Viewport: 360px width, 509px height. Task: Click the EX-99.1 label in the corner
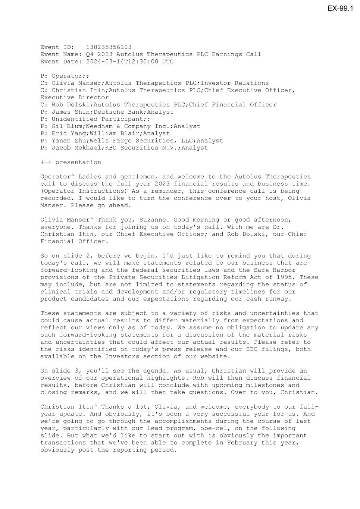coord(340,8)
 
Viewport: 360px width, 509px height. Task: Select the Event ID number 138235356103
coord(109,47)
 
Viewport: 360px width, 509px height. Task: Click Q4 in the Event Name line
coord(90,54)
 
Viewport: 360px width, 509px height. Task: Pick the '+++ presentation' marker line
coord(71,163)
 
